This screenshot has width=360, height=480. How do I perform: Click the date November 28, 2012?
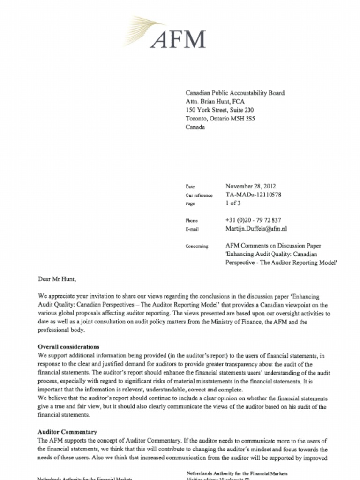(250, 186)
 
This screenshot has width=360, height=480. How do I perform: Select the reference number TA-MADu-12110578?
(253, 195)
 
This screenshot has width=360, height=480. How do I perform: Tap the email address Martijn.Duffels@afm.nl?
(256, 229)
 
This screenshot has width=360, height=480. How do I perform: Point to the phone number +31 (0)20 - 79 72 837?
(253, 220)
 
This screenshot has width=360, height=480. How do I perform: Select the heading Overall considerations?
(68, 347)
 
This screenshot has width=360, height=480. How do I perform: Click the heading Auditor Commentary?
(67, 432)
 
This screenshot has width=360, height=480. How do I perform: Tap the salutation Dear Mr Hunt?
(57, 279)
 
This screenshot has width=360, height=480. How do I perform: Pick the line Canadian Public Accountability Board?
(235, 93)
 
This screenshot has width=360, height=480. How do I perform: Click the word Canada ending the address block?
(195, 127)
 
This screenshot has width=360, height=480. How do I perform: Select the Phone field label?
(192, 220)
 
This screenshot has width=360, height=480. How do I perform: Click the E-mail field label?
(192, 229)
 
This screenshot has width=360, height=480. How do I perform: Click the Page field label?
(190, 204)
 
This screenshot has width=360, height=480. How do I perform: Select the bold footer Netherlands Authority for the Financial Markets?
(237, 473)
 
